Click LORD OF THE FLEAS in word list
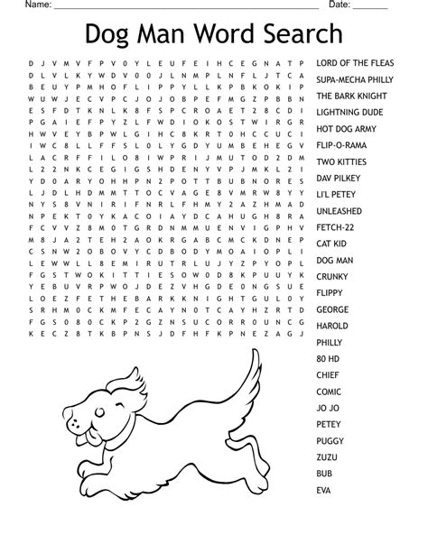pyautogui.click(x=355, y=63)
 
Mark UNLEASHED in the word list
pyautogui.click(x=340, y=210)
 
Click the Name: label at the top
pyautogui.click(x=38, y=5)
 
